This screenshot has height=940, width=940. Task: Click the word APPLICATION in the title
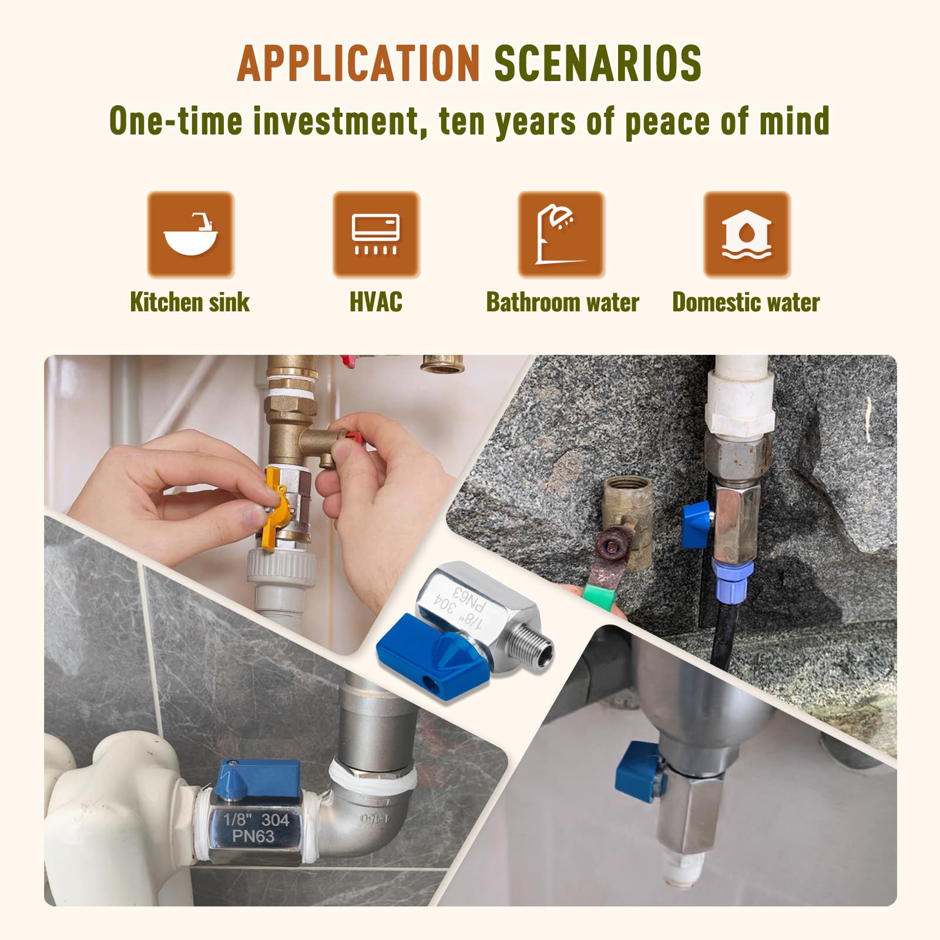[x=359, y=63]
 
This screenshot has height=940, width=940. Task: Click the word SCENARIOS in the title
[x=597, y=63]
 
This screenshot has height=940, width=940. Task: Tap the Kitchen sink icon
[x=190, y=234]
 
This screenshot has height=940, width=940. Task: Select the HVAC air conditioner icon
[x=376, y=234]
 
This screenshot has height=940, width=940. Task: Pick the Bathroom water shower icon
[x=561, y=234]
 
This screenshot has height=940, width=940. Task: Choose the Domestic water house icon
[x=747, y=234]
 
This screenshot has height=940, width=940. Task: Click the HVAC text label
[x=376, y=303]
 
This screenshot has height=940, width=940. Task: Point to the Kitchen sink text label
[x=190, y=303]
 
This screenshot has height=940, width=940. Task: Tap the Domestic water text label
[x=746, y=303]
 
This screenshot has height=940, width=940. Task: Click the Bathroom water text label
[x=562, y=303]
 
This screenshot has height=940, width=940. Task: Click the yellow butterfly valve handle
[x=272, y=505]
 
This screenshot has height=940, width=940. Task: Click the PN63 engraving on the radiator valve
[x=253, y=837]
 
